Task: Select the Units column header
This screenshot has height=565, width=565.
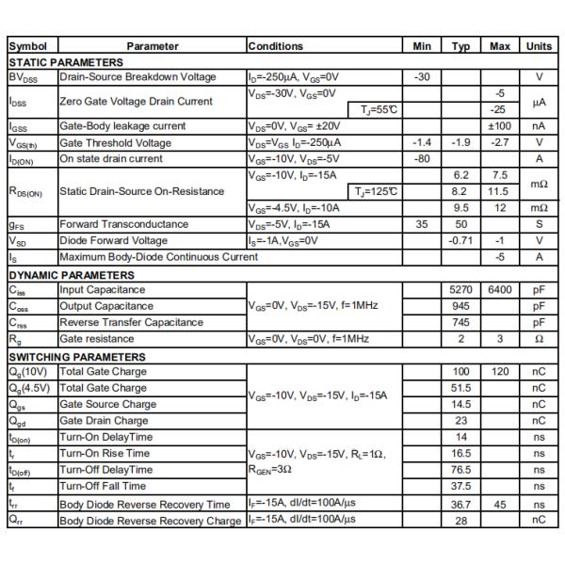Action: point(539,45)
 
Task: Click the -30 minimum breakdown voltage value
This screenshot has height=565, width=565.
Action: point(422,77)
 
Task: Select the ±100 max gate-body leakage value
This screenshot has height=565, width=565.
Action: point(499,126)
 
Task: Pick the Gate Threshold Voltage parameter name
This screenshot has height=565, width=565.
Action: point(115,143)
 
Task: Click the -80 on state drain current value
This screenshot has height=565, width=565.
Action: point(422,159)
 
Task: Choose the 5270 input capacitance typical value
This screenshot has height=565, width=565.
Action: point(460,290)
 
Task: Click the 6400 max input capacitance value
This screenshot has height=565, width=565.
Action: point(499,290)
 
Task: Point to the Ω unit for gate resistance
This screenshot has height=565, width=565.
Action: point(539,339)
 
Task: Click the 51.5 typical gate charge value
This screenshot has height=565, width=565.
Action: point(460,388)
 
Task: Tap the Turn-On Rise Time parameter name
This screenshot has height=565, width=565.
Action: point(105,453)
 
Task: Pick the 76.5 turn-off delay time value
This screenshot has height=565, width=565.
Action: point(460,470)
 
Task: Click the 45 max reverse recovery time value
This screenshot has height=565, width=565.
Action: point(499,504)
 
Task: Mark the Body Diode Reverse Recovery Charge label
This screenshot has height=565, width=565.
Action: point(151,520)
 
